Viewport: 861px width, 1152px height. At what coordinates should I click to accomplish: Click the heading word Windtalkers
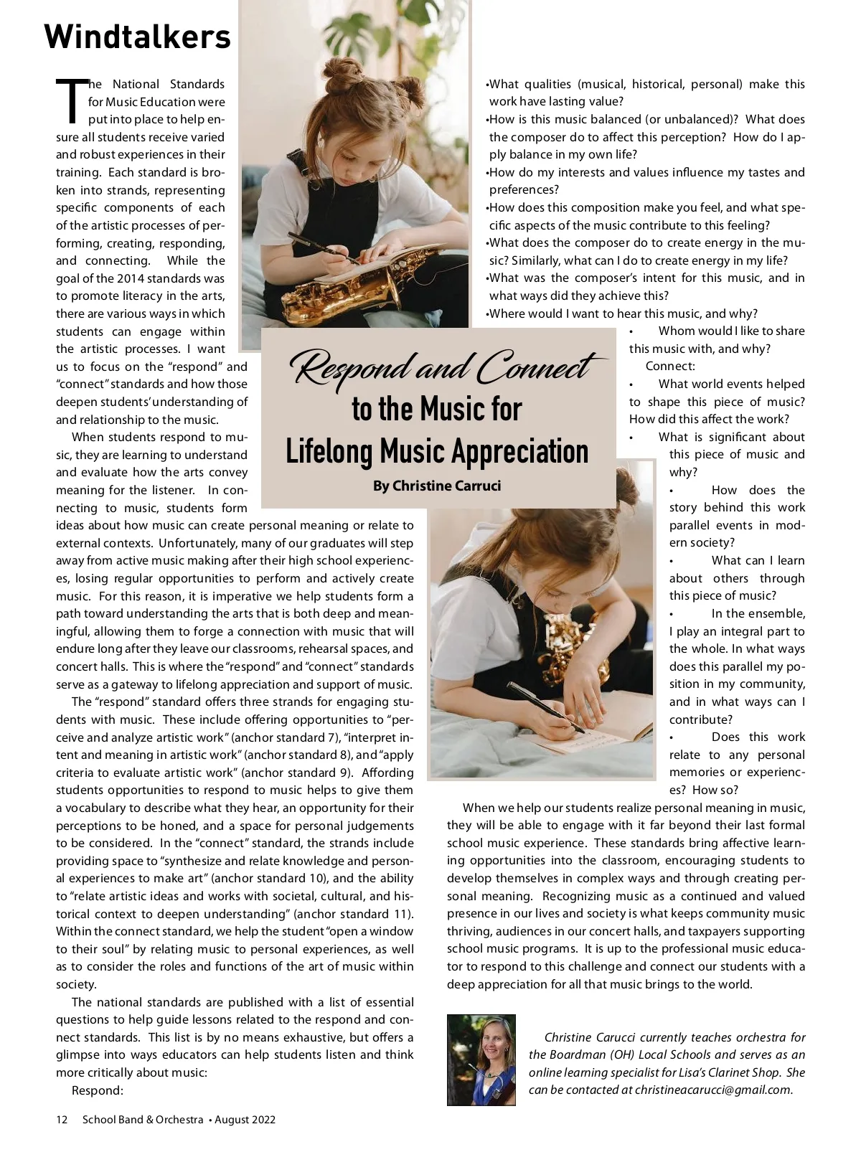click(x=137, y=37)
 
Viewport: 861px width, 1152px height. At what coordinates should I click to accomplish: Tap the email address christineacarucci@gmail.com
click(x=714, y=1090)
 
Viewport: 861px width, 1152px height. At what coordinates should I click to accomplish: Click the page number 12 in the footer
click(x=62, y=1119)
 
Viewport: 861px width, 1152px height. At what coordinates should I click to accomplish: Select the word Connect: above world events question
click(x=670, y=366)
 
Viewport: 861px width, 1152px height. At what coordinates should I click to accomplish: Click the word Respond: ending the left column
click(x=98, y=1090)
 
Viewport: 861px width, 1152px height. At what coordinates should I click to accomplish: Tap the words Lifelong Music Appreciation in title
click(x=437, y=451)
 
